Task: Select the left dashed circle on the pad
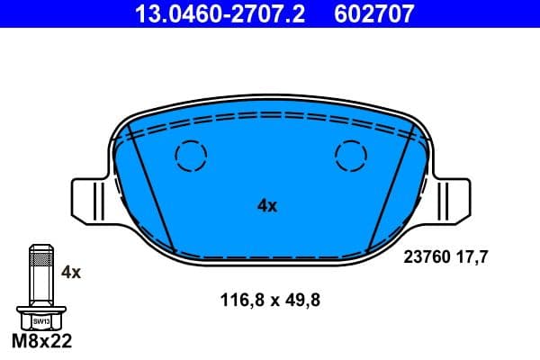pos(191,157)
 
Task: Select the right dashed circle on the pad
pos(351,157)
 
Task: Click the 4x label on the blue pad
pos(267,206)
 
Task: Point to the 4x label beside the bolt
pos(71,272)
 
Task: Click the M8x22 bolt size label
pos(40,342)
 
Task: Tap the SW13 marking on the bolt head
pos(40,320)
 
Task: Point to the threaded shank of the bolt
pos(40,274)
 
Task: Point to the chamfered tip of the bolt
pos(40,247)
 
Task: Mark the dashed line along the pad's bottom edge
pos(270,256)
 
